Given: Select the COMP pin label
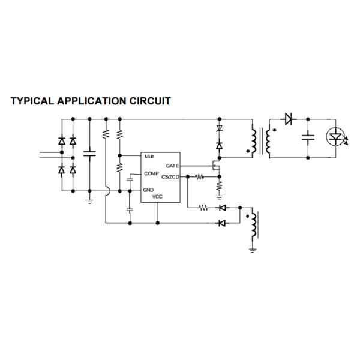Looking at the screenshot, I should click(151, 173).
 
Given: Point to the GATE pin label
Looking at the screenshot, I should click(172, 165).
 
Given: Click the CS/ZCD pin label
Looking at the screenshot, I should click(170, 177).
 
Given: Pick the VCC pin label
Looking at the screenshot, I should click(157, 197).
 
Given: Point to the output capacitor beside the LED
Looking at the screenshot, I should click(308, 137).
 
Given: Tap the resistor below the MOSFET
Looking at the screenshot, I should click(220, 187).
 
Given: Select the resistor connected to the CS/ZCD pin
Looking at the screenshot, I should click(200, 177).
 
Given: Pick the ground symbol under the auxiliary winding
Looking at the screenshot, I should click(252, 249).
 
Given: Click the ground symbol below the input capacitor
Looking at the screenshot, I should click(90, 200).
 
